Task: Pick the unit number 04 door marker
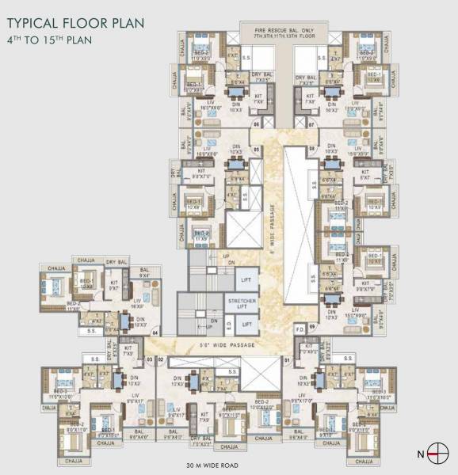pyautogui.click(x=155, y=332)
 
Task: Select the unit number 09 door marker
pyautogui.click(x=312, y=326)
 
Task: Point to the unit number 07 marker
pyautogui.click(x=312, y=124)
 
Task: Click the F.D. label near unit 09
pyautogui.click(x=300, y=326)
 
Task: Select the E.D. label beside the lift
pyautogui.click(x=228, y=324)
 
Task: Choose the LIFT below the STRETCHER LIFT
pyautogui.click(x=246, y=325)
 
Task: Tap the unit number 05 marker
pyautogui.click(x=255, y=149)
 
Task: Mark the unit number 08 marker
pyautogui.click(x=312, y=149)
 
